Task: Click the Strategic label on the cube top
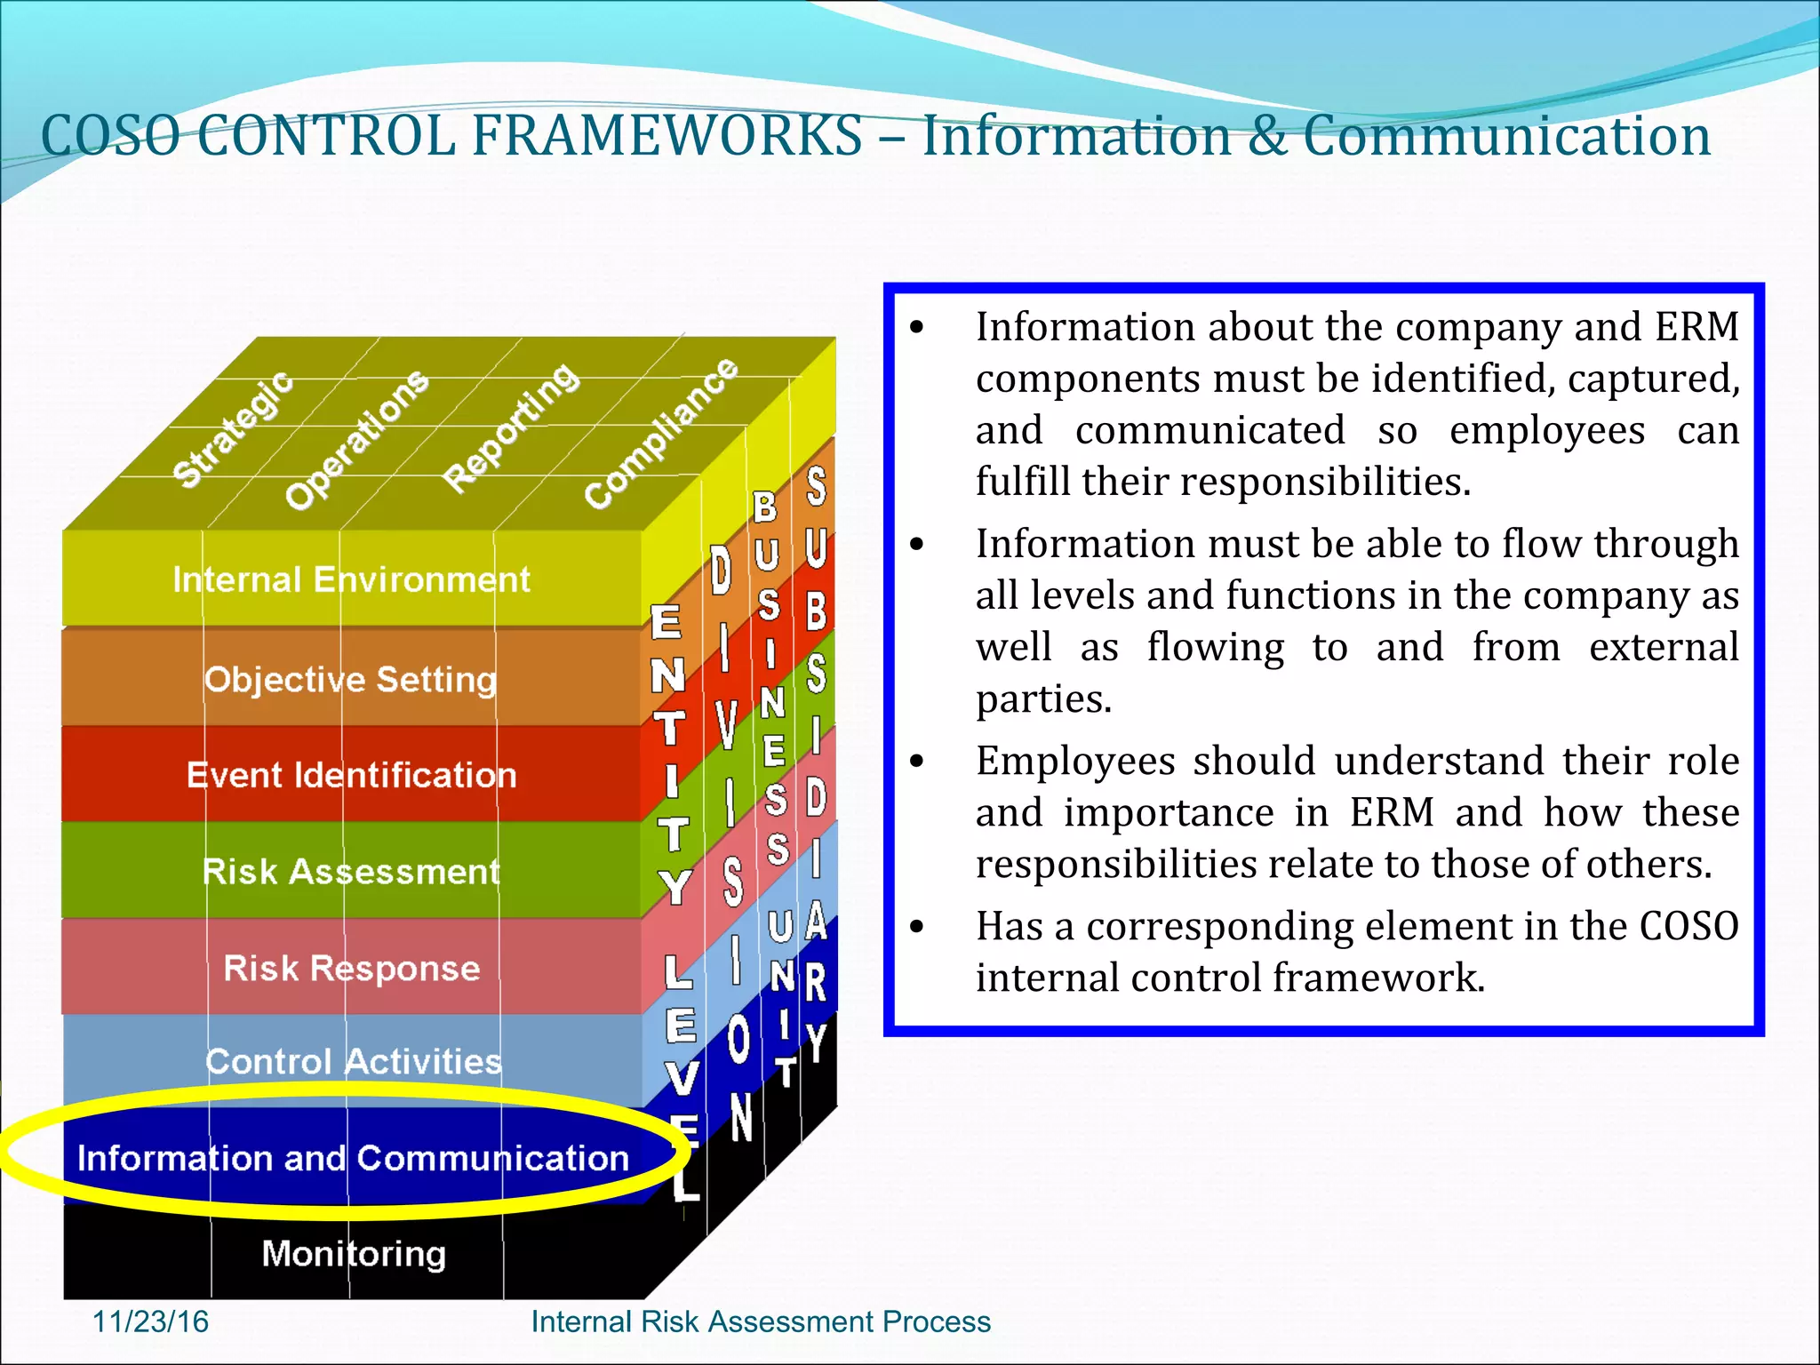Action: tap(233, 429)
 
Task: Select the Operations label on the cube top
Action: tap(356, 440)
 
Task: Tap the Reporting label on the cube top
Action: tap(511, 427)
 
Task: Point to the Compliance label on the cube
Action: tap(660, 434)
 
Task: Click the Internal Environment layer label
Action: tap(351, 580)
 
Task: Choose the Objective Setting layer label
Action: tap(350, 680)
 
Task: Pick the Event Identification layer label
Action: tap(351, 776)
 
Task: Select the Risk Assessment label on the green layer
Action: tap(351, 872)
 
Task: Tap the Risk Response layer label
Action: tap(351, 968)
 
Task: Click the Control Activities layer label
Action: tap(353, 1062)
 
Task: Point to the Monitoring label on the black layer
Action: tap(354, 1254)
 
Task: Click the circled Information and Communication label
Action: tap(353, 1159)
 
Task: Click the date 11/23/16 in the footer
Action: tap(150, 1321)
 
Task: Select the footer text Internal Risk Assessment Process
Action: tap(761, 1321)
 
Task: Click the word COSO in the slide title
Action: tap(110, 137)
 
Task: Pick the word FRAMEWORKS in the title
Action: tap(667, 137)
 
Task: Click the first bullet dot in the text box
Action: tap(917, 328)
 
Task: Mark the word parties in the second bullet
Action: tap(1043, 699)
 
